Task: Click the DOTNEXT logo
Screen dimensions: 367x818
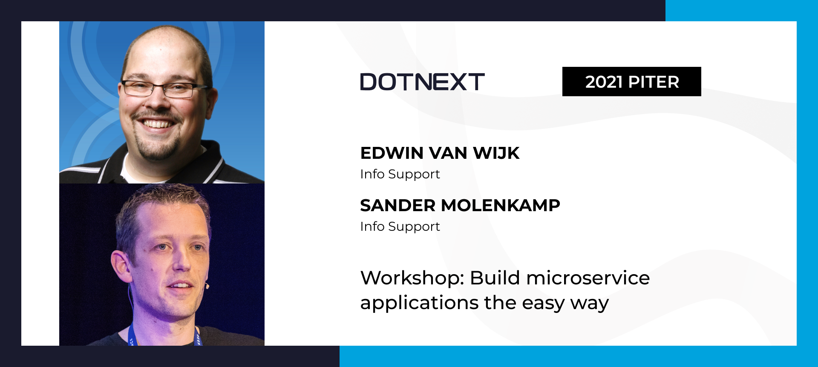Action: (x=422, y=82)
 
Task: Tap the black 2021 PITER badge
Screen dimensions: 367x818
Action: (x=631, y=81)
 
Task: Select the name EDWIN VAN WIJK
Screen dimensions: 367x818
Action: (x=440, y=153)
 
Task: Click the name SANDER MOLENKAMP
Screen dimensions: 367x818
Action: (x=460, y=205)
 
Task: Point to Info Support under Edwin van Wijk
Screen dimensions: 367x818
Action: (x=400, y=174)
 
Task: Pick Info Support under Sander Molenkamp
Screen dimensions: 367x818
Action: (x=400, y=227)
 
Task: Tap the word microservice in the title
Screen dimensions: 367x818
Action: (x=588, y=278)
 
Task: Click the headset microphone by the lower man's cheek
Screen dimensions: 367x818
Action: (x=207, y=286)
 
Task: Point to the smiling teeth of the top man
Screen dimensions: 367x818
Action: (x=156, y=124)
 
